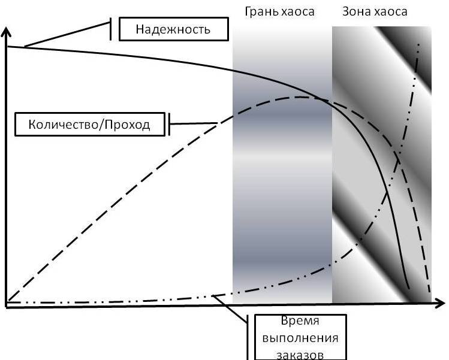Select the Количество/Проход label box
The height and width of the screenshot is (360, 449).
point(89,125)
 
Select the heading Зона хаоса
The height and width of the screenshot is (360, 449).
point(375,11)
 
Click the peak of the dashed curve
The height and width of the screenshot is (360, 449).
point(303,97)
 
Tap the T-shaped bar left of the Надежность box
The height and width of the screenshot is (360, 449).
point(111,29)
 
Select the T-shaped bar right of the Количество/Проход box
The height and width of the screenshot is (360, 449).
point(170,125)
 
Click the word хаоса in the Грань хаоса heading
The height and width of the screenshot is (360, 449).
point(299,11)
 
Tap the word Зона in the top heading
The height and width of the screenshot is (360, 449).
point(355,11)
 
